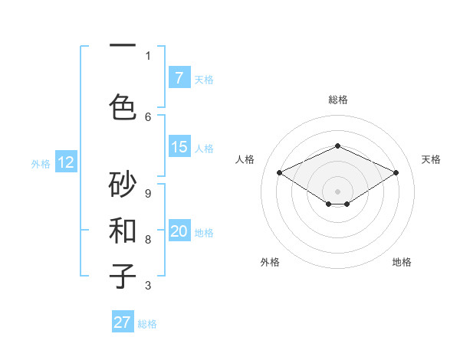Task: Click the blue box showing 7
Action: tap(179, 77)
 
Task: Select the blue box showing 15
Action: tap(179, 147)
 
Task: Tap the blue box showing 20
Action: tap(179, 232)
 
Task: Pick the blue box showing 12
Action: tap(65, 162)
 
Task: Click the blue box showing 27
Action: tap(123, 322)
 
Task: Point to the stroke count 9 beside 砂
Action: tap(148, 193)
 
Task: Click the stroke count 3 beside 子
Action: tap(148, 286)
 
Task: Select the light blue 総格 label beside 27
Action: tap(147, 323)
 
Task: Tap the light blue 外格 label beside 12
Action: tap(41, 163)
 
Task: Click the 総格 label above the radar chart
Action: tap(337, 100)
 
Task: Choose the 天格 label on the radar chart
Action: tap(431, 159)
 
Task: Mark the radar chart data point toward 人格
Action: tap(279, 172)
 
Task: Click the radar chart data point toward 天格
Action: tap(396, 172)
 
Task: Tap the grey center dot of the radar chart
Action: tap(337, 190)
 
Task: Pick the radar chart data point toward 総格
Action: tap(337, 146)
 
